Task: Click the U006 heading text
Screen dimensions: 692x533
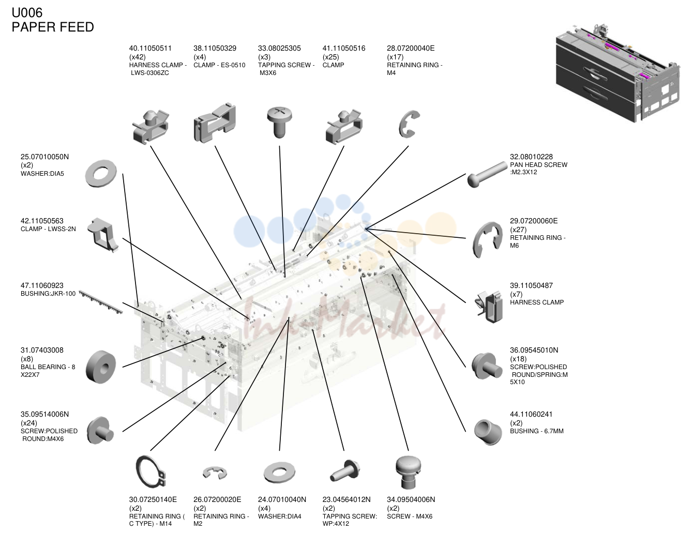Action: (27, 13)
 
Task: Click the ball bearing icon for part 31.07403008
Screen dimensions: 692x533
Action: (101, 367)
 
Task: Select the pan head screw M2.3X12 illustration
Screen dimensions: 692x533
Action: (487, 174)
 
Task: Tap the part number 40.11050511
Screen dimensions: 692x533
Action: (151, 49)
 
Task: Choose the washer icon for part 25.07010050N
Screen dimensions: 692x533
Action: (101, 174)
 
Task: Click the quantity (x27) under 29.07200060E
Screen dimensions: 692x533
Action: (518, 230)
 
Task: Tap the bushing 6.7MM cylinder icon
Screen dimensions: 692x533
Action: (488, 432)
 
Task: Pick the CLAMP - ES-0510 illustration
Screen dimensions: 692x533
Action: (215, 123)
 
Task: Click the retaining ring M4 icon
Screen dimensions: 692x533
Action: (409, 124)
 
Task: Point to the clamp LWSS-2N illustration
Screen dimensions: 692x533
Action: (102, 235)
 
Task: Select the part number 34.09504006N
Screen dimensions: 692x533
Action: (411, 499)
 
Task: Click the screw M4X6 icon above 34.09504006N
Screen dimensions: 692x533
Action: (408, 473)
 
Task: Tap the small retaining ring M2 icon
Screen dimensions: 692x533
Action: (215, 473)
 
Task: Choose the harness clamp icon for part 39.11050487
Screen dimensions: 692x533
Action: (488, 307)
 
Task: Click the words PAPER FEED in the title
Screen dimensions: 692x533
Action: (53, 27)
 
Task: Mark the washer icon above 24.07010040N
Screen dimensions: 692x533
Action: (279, 472)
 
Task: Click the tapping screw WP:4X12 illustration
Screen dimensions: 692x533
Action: (344, 470)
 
